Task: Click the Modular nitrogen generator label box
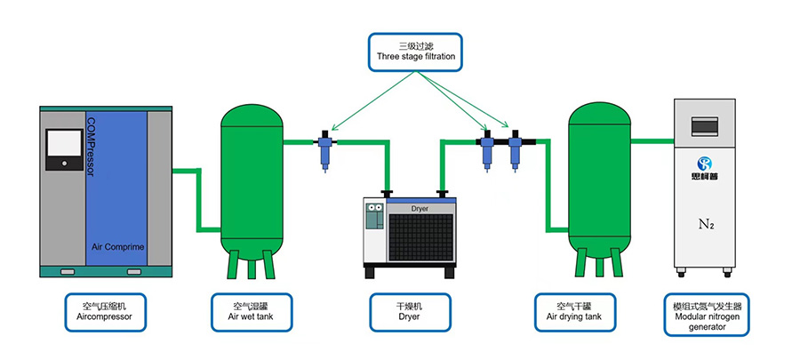point(707,316)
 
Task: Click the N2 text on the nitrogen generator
point(707,224)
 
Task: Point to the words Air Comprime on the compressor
point(118,247)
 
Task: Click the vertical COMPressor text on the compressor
point(91,147)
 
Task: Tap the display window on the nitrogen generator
point(708,126)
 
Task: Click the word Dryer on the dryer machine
point(420,208)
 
